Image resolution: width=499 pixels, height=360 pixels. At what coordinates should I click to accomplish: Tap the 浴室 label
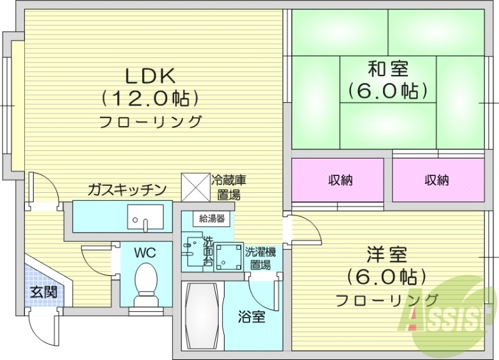click(251, 316)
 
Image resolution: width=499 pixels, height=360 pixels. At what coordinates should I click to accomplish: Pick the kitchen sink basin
click(145, 217)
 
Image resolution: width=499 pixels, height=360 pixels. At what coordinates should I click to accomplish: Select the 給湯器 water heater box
click(212, 218)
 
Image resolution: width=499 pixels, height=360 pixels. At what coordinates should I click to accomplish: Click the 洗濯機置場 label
click(259, 258)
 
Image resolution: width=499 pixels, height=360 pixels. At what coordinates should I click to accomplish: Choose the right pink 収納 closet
click(437, 180)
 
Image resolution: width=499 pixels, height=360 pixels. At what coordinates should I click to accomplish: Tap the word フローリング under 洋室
click(387, 300)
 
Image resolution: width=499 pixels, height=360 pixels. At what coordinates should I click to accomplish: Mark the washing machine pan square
click(228, 256)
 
